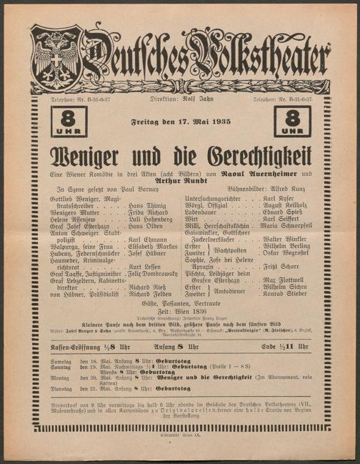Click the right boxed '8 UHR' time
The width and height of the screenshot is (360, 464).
click(293, 122)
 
